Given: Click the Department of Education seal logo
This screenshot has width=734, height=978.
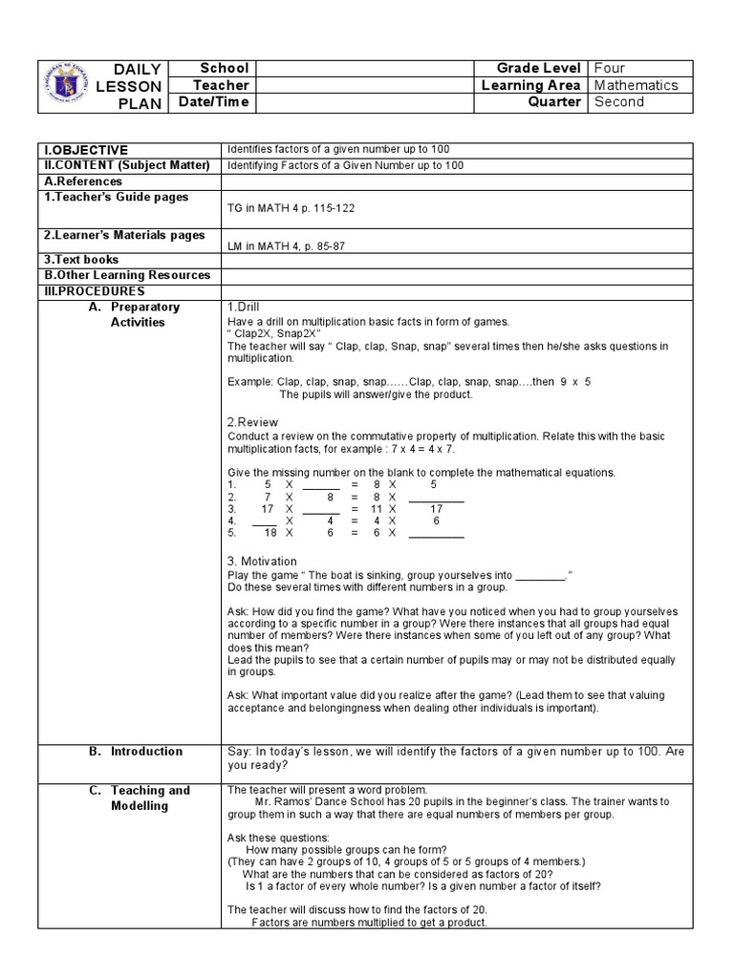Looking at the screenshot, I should coord(67,85).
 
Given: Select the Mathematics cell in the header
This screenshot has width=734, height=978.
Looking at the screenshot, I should coord(636,85).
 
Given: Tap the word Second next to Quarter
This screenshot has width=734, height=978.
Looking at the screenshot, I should coord(618,102).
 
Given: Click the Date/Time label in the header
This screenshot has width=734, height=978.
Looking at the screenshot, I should coord(214,102).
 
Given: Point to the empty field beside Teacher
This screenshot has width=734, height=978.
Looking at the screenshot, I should coord(366,85).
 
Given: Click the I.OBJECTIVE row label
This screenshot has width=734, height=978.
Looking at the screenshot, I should coord(86,150).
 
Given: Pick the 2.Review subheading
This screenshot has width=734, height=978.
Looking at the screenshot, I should coord(252,421).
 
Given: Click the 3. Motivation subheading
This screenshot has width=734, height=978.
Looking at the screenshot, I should coord(262,561).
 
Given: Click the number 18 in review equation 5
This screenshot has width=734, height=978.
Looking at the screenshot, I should coord(270,533).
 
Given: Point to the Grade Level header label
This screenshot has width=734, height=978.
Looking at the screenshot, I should coord(538,68).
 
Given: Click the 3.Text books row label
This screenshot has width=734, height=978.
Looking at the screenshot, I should coord(82,260).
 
